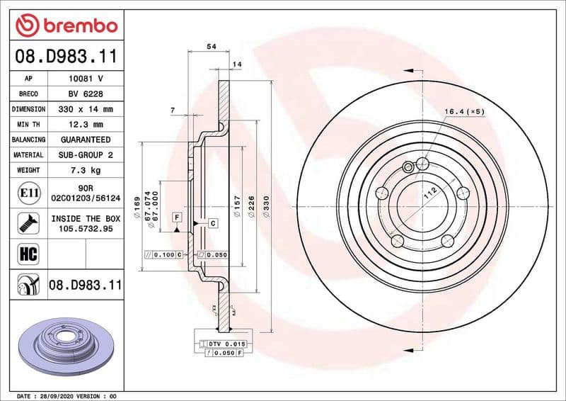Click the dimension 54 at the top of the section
pyautogui.click(x=210, y=46)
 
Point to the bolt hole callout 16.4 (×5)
pyautogui.click(x=464, y=112)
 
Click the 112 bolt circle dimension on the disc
pyautogui.click(x=428, y=190)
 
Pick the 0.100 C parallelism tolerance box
pyautogui.click(x=163, y=254)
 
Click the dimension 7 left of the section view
pyautogui.click(x=172, y=110)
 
